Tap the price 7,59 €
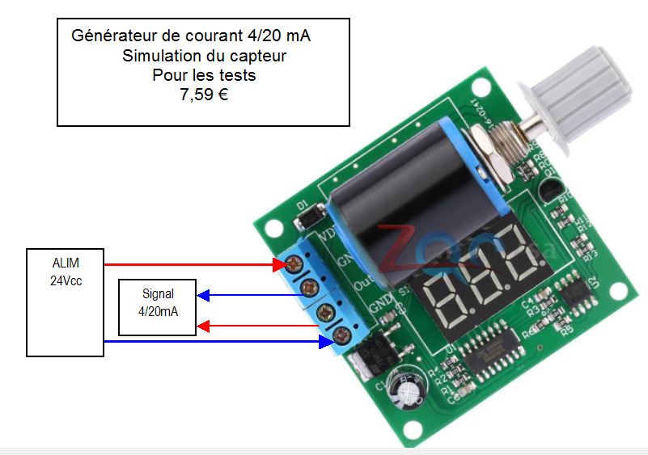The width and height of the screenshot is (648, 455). [x=204, y=94]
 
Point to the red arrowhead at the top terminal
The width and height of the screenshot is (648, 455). [x=276, y=264]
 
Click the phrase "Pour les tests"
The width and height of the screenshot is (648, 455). [x=204, y=75]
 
